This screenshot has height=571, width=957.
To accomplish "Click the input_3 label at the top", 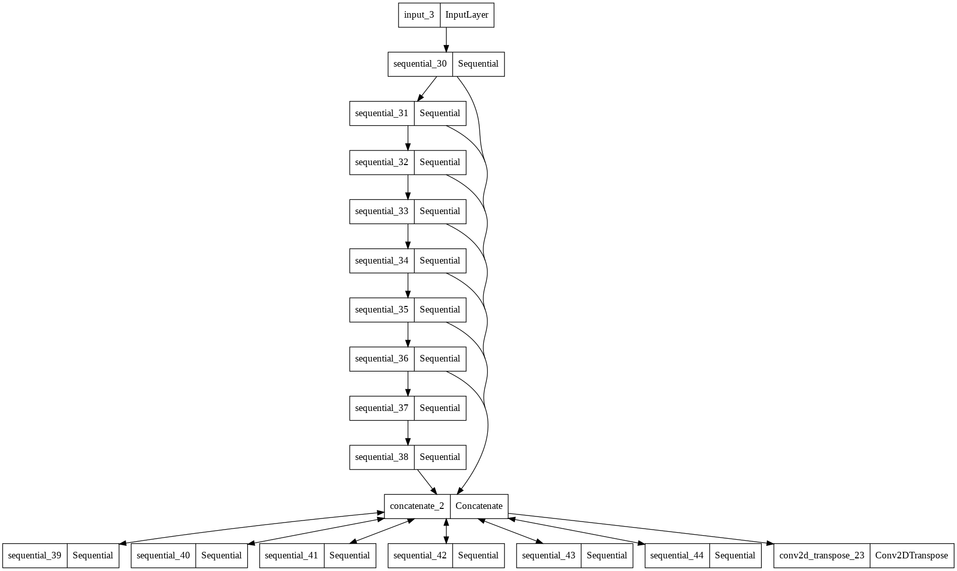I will tap(419, 15).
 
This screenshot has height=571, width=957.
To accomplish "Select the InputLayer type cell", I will tap(467, 15).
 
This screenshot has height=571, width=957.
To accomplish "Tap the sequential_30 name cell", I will tap(420, 64).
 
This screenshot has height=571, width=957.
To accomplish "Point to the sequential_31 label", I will tap(381, 114).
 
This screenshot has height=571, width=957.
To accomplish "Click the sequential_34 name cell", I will tap(381, 261).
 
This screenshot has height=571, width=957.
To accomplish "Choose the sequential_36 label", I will tap(381, 359).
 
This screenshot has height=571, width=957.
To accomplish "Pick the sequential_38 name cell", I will tap(381, 457).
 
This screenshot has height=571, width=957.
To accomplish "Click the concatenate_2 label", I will tap(417, 506).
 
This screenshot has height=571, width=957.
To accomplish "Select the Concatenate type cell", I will tap(479, 506).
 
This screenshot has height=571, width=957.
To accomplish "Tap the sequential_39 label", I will tap(34, 556).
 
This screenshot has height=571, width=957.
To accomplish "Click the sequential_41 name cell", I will tap(291, 556).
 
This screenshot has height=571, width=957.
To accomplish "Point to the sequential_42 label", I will tap(420, 556).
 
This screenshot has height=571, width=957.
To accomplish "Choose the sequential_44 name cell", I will tap(677, 556).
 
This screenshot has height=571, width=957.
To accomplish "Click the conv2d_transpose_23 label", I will tap(821, 556).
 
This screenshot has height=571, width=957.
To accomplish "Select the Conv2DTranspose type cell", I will tap(911, 556).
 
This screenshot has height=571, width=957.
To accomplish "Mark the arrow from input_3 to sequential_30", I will tap(446, 40).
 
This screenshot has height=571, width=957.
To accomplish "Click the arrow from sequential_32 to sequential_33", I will tap(408, 187).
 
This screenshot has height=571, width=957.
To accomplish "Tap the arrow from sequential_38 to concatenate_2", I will tap(427, 482).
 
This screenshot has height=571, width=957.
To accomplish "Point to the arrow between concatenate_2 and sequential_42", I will tap(446, 531).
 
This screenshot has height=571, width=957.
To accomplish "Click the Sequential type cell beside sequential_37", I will tap(439, 408).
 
